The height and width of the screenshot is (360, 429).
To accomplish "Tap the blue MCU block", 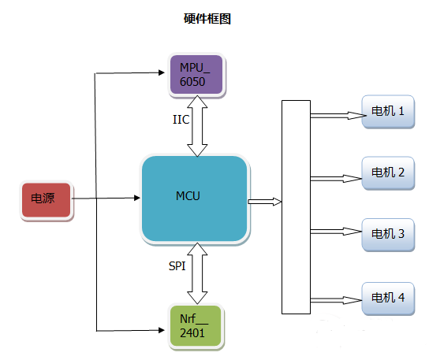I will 194,198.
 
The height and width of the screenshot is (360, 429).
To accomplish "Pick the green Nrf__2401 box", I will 196,325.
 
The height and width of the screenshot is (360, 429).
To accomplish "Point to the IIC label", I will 181,121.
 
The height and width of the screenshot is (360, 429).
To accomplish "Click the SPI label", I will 177,267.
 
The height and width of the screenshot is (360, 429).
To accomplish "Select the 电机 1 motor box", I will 387,112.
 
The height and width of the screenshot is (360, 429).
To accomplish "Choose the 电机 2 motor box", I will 387,173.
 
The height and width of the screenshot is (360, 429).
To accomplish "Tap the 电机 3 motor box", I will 387,234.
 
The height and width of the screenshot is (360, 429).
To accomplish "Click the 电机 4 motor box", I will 387,297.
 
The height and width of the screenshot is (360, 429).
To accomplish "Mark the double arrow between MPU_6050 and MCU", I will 196,126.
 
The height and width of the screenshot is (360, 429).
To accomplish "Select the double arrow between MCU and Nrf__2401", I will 196,273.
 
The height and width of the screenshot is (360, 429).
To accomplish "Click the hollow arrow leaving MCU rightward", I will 264,202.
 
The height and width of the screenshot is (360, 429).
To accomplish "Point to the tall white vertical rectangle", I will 296,206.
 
